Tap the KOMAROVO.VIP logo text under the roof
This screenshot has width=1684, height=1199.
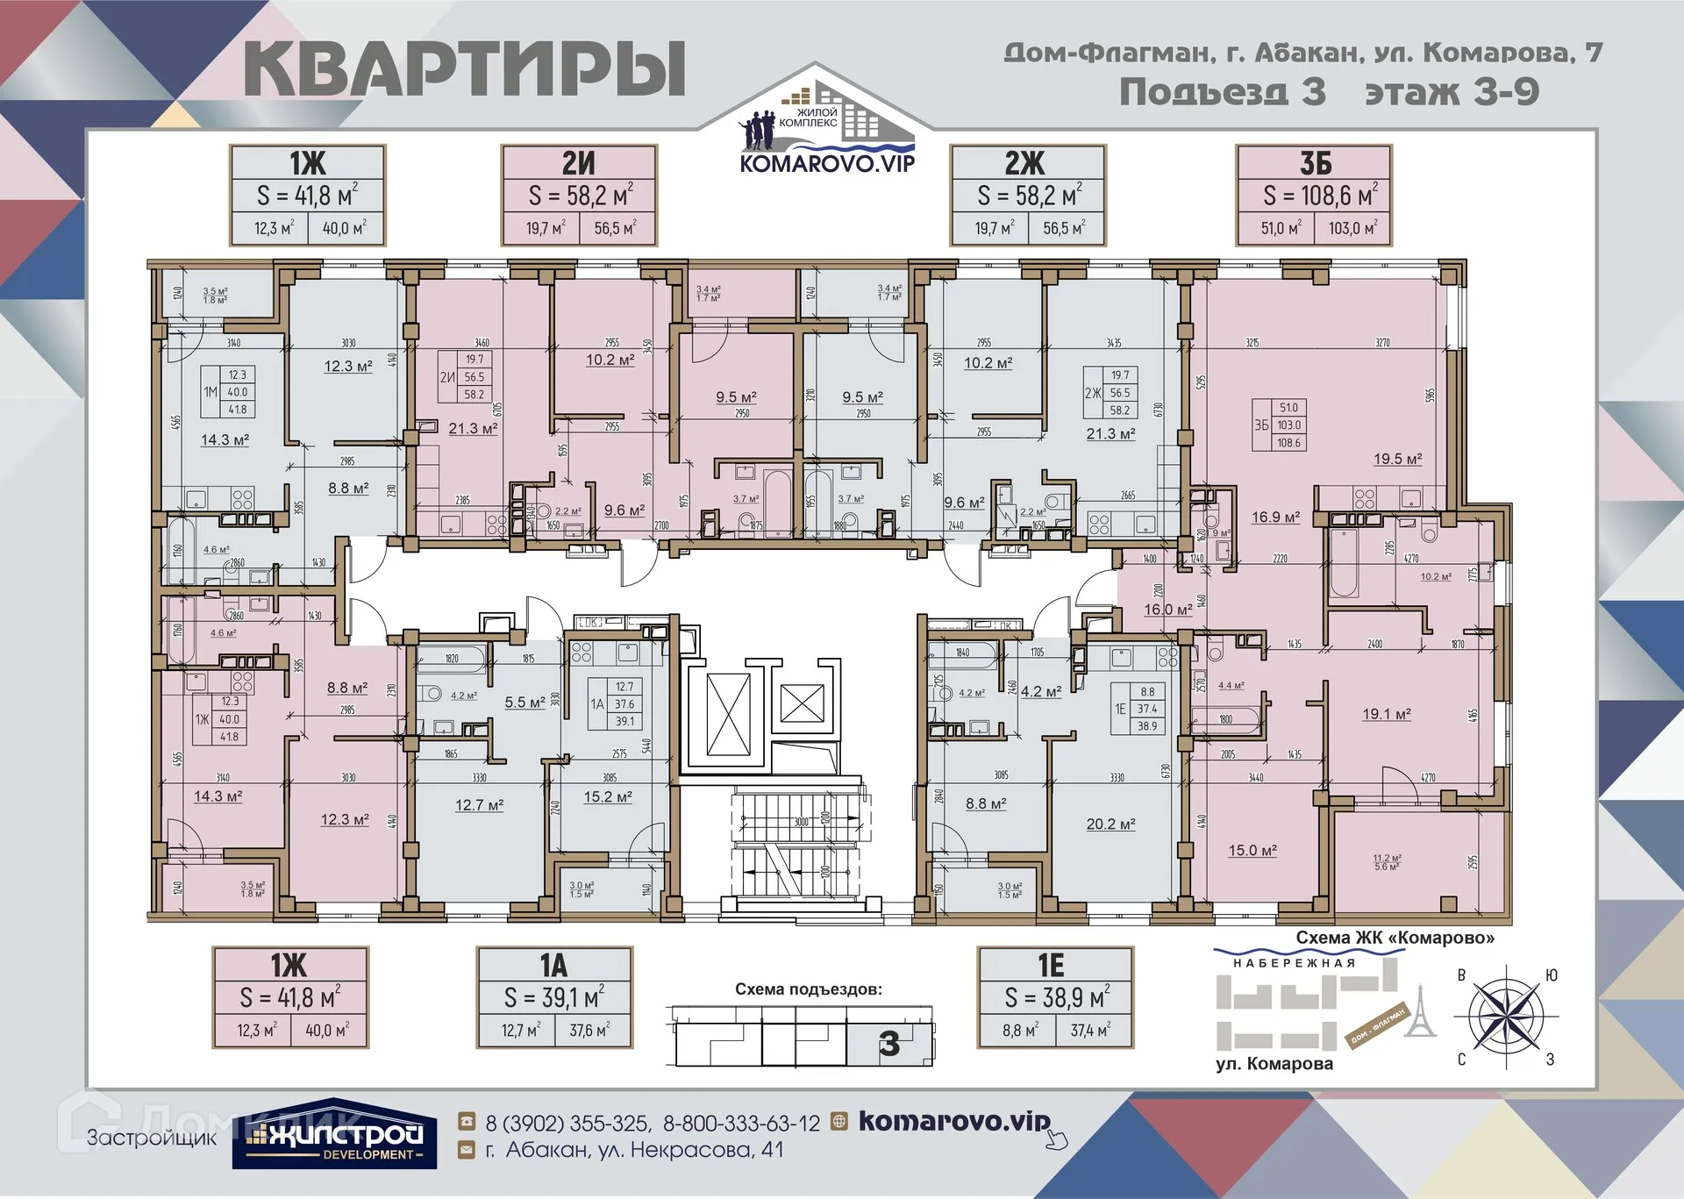tap(827, 163)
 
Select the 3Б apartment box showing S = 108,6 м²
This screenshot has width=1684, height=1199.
tap(1313, 195)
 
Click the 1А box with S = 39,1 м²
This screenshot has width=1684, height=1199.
tap(553, 996)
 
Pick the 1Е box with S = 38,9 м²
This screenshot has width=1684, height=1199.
tap(1055, 996)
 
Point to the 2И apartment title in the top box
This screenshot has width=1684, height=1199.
tap(578, 163)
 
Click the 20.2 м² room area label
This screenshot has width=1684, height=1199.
tap(1110, 824)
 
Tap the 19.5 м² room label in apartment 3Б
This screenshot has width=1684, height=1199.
tap(1397, 459)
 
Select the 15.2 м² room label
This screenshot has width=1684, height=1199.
tap(608, 797)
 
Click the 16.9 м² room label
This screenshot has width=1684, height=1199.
tap(1275, 517)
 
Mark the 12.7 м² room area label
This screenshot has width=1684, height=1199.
tap(479, 805)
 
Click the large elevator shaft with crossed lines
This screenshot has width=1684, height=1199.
tap(728, 714)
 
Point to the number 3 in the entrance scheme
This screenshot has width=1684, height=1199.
tap(888, 1043)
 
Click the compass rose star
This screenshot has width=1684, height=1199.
tap(1505, 1017)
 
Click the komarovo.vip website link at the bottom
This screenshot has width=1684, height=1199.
tap(953, 1121)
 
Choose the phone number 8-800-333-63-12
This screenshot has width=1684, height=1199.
tap(741, 1124)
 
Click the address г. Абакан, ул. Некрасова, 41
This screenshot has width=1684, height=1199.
tap(634, 1150)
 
